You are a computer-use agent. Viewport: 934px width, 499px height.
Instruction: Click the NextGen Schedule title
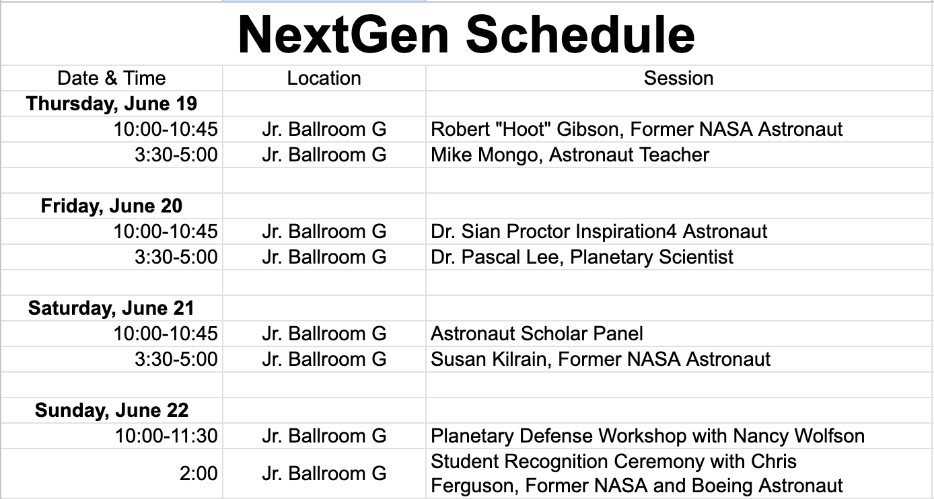click(466, 34)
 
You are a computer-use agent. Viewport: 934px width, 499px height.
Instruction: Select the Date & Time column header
click(111, 78)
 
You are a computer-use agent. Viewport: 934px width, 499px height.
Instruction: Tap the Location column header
click(324, 78)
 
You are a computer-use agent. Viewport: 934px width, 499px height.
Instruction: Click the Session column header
click(678, 78)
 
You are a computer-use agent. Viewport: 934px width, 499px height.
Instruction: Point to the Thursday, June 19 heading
click(111, 104)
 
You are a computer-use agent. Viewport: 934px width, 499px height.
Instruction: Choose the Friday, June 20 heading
click(111, 206)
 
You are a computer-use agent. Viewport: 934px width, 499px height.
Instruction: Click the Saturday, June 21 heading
click(111, 308)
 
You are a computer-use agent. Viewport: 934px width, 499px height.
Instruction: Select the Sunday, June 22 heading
click(111, 410)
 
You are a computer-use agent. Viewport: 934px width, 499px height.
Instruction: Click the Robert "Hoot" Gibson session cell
click(637, 129)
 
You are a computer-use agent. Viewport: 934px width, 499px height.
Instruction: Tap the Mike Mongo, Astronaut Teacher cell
click(569, 155)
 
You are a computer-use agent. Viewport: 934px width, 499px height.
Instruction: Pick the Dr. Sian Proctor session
click(599, 231)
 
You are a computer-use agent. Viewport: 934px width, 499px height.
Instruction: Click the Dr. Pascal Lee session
click(581, 257)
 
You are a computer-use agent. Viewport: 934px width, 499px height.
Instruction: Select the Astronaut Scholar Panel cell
click(536, 334)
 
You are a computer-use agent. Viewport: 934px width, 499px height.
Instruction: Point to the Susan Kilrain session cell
click(600, 359)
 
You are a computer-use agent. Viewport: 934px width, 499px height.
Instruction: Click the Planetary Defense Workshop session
click(647, 436)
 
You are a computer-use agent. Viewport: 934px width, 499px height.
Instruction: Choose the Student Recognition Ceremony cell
click(637, 473)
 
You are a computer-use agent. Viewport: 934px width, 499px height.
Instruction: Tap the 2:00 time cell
click(199, 473)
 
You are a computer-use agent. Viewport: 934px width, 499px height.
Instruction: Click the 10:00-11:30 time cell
click(166, 436)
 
